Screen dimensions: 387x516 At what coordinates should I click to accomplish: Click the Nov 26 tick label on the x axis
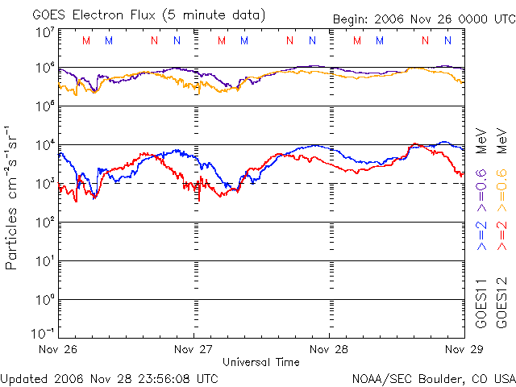(x=59, y=349)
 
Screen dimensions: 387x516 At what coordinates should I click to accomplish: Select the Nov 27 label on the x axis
(x=193, y=349)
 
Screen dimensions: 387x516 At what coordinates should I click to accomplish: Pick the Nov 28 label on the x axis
(x=329, y=349)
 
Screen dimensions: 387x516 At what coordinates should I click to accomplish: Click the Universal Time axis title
(x=260, y=362)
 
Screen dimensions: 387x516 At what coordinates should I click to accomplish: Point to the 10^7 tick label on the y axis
(x=44, y=31)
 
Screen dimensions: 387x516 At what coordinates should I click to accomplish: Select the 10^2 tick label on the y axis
(x=44, y=223)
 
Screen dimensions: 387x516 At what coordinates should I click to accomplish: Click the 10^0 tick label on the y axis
(x=44, y=300)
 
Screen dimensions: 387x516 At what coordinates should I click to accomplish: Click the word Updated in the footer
(x=23, y=378)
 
